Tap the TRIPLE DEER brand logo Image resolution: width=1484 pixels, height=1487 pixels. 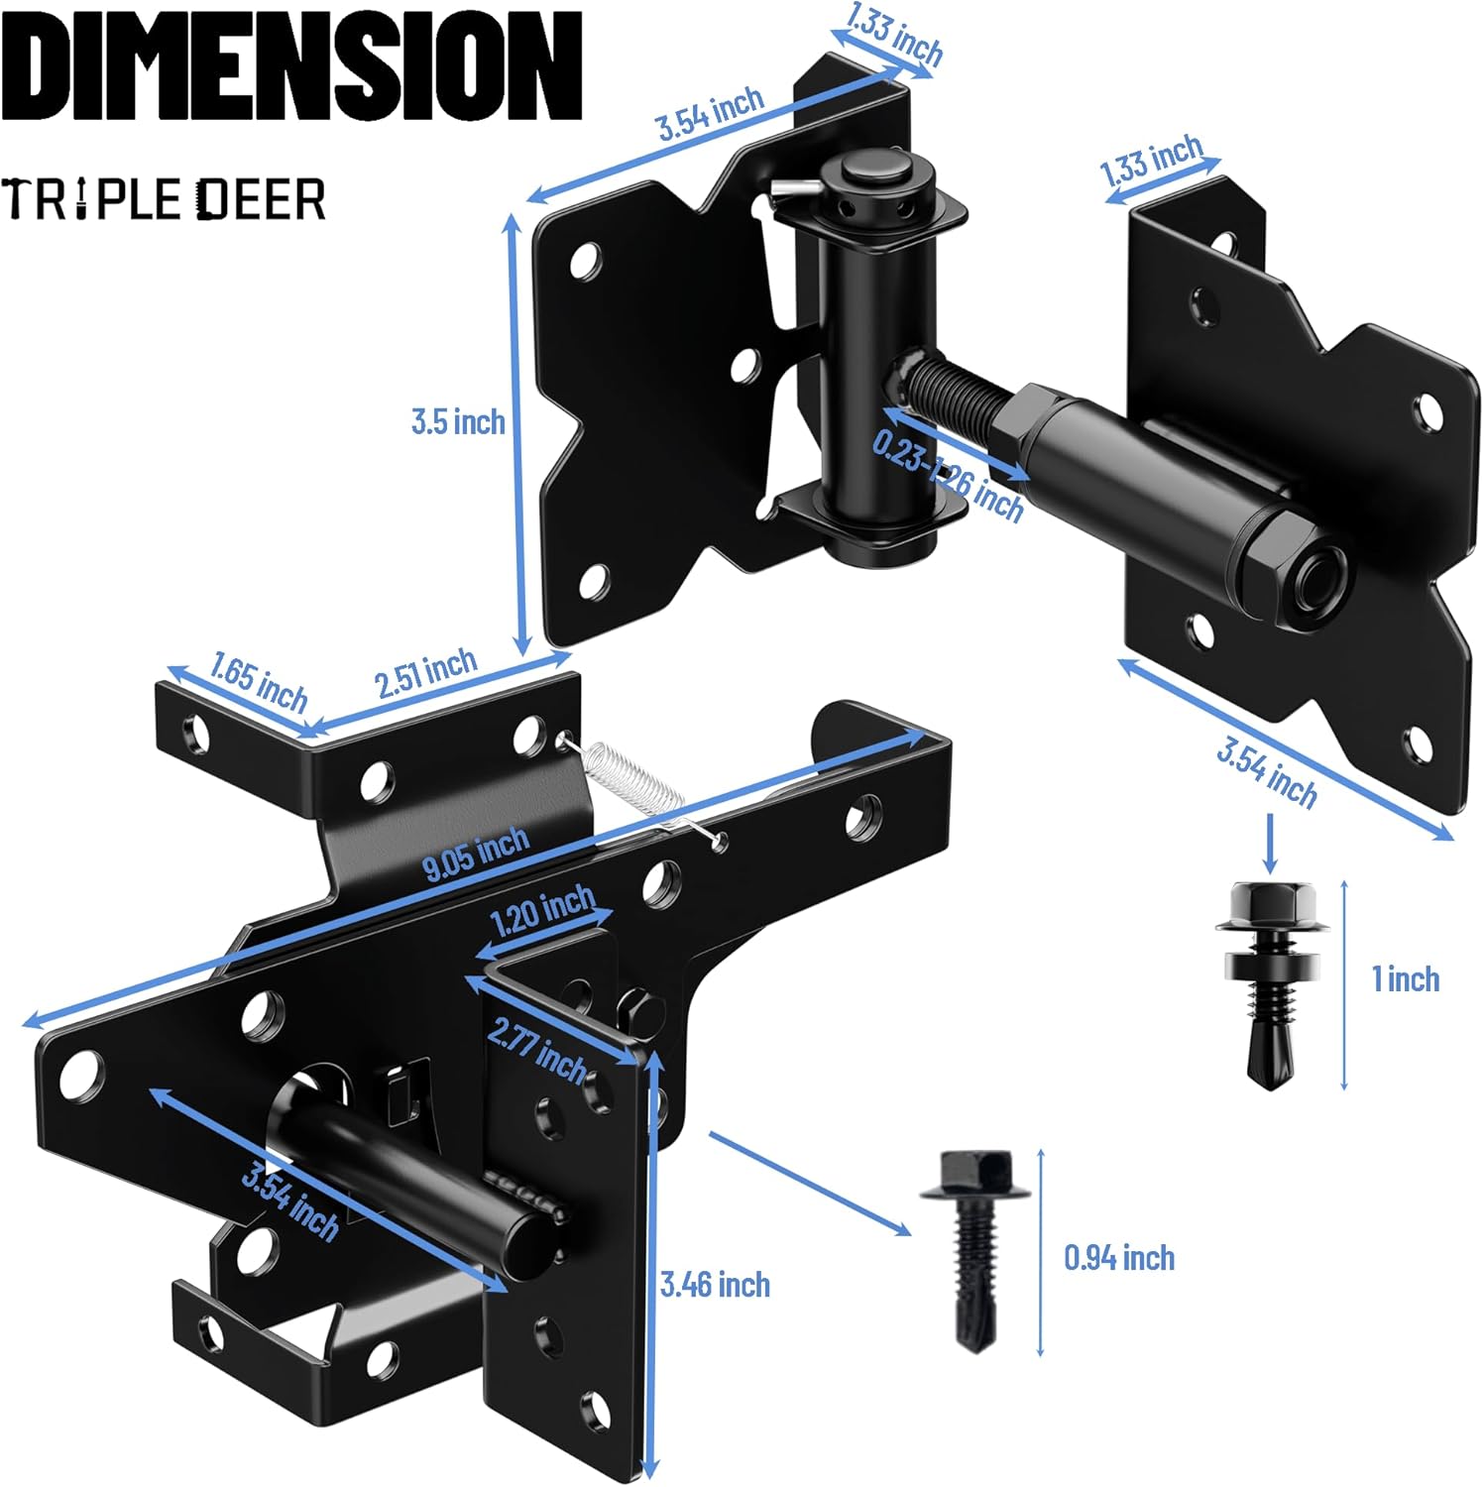coord(164,198)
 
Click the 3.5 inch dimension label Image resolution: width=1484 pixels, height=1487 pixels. coord(458,421)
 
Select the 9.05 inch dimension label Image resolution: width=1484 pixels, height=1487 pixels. coord(476,855)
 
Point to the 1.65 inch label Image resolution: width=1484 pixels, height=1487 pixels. coord(259,682)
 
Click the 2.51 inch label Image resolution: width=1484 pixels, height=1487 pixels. coord(426,673)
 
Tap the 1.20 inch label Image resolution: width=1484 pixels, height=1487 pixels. coord(543,911)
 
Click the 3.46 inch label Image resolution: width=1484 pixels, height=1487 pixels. coord(715,1285)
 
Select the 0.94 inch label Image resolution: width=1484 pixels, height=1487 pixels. coord(1119,1258)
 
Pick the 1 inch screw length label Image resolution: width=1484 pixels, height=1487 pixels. coord(1405,979)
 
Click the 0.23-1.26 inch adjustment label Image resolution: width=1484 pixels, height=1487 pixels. coord(948,476)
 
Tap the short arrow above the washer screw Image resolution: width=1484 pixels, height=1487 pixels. coord(1270,843)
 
